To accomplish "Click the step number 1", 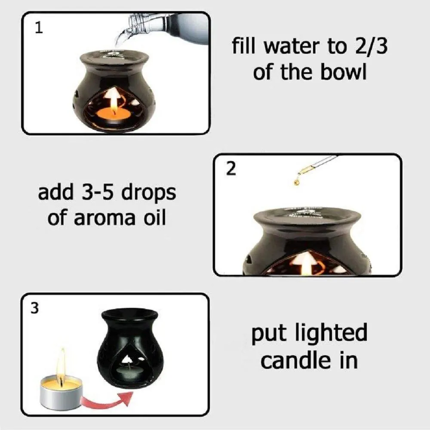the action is (39, 28).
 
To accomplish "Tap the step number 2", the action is (231, 169).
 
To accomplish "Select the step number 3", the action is (34, 308).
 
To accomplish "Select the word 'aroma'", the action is (105, 218).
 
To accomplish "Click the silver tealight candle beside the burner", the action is (61, 391).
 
